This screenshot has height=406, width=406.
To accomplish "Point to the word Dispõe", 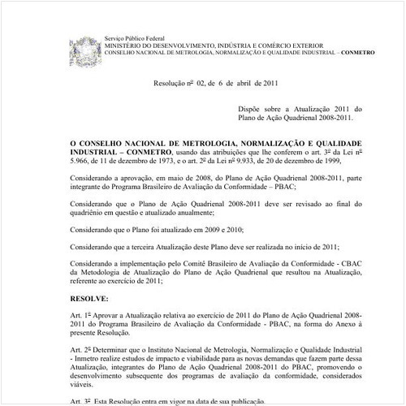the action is [253, 108].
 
